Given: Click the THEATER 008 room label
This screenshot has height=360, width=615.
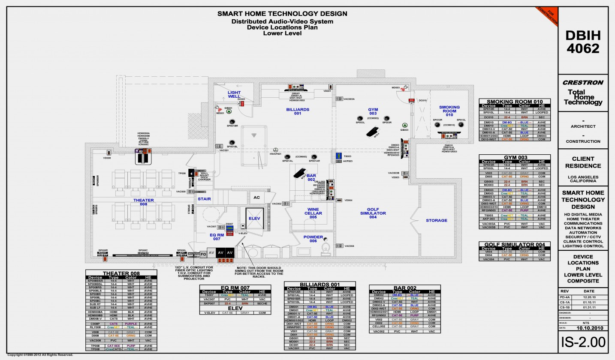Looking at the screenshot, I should [x=143, y=202].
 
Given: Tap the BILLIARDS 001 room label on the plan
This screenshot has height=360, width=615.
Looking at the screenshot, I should [x=298, y=111].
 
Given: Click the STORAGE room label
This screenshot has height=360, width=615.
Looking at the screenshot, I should [x=436, y=221].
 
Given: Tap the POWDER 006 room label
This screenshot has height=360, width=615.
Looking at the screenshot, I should [x=313, y=239].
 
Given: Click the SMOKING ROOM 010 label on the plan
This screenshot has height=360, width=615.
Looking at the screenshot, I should [x=449, y=111].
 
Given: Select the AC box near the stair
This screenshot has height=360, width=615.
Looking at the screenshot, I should [x=256, y=198].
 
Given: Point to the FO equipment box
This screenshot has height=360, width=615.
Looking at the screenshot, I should [x=203, y=253].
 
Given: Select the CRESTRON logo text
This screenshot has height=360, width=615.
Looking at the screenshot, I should [x=583, y=83].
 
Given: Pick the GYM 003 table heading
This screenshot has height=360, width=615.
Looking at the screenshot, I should [x=514, y=157].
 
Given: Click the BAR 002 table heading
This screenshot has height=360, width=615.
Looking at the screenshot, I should [x=405, y=288].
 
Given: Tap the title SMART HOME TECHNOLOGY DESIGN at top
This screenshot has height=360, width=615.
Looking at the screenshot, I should [x=282, y=14].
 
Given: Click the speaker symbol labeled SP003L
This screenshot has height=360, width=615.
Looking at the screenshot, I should [x=360, y=118].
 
